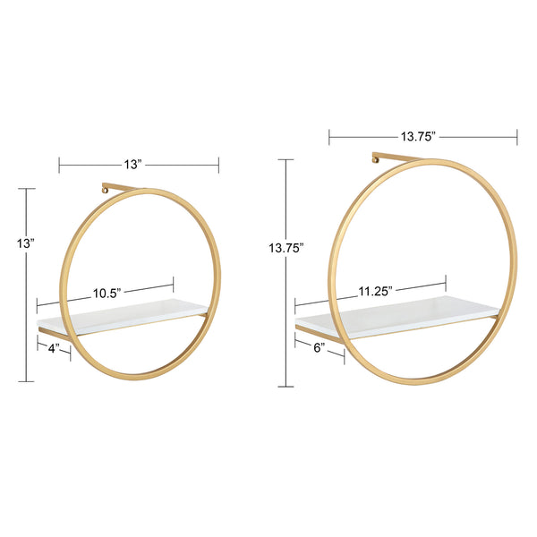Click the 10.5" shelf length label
click(107, 293)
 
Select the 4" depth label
click(53, 347)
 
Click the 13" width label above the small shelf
click(133, 165)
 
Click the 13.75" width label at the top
click(417, 137)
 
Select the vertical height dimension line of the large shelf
click(286, 322)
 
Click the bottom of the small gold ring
click(141, 373)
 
